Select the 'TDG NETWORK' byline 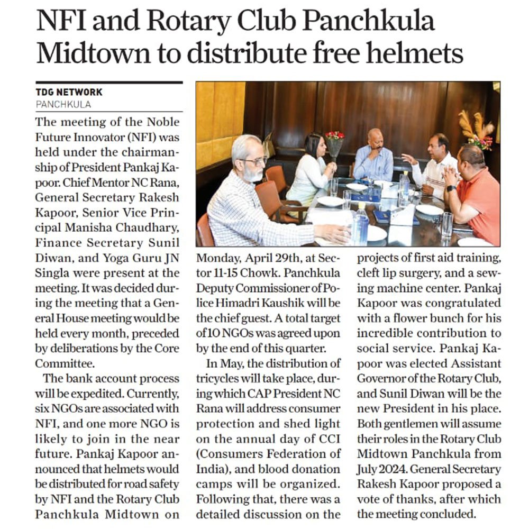[x=69, y=93]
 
